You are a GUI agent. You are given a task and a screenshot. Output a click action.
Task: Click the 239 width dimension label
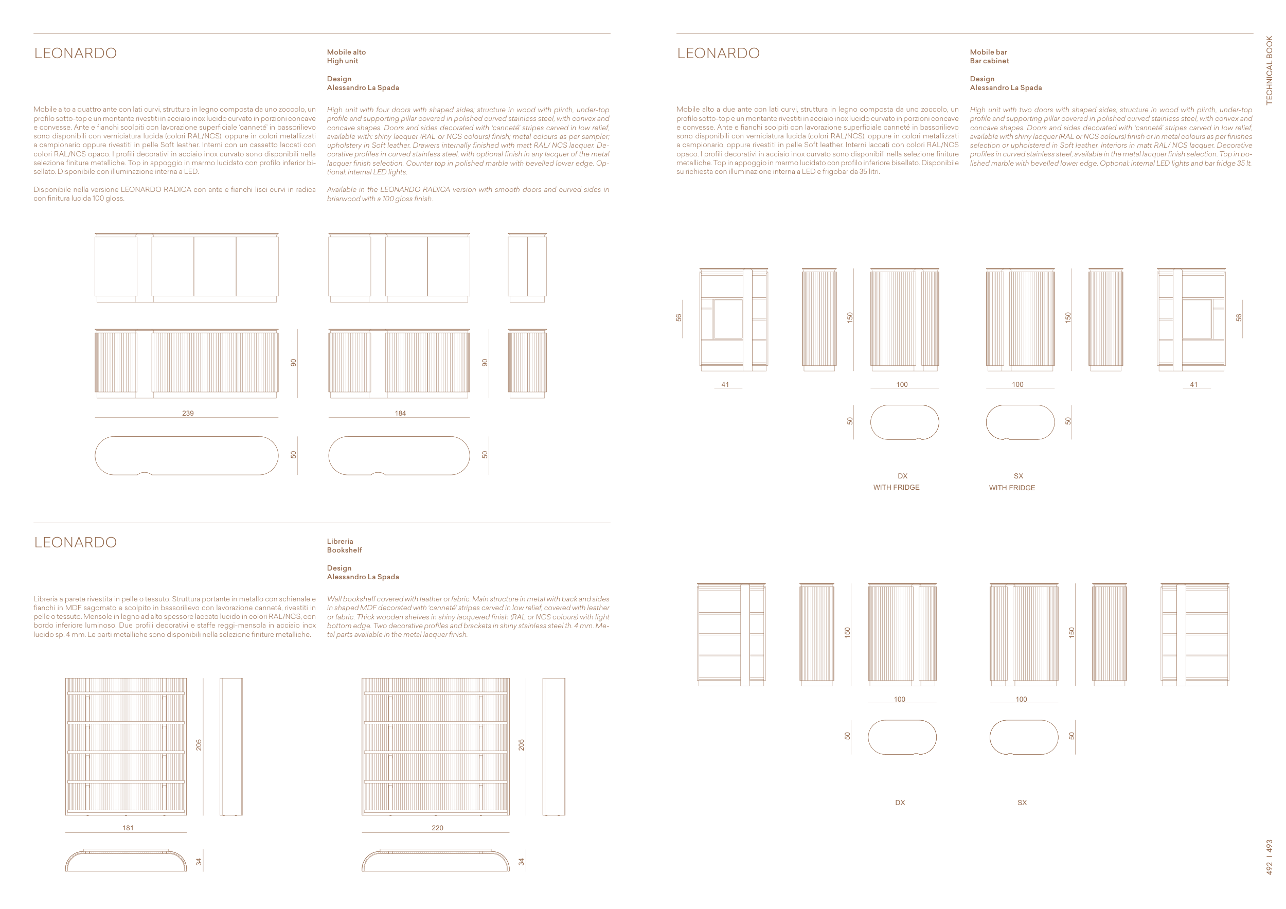(x=188, y=413)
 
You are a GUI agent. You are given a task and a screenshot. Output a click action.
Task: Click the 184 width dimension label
(x=400, y=413)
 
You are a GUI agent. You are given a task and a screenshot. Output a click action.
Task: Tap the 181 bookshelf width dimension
(x=128, y=828)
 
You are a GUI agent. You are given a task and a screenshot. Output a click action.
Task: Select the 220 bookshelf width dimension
(x=437, y=828)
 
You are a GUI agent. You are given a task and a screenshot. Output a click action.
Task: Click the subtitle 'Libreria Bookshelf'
(x=345, y=545)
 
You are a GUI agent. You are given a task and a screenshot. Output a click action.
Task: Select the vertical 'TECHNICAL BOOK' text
(x=1269, y=70)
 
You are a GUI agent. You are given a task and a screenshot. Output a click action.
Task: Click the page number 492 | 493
(x=1269, y=857)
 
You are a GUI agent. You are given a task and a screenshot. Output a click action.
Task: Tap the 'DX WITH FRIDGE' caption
(x=896, y=482)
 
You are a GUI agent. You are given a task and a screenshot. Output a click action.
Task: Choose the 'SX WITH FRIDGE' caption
(x=1012, y=482)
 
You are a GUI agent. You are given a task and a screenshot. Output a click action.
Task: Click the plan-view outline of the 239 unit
(x=187, y=456)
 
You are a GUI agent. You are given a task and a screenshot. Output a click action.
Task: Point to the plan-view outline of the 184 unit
(x=399, y=456)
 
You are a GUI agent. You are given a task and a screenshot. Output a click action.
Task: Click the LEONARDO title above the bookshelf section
(x=76, y=542)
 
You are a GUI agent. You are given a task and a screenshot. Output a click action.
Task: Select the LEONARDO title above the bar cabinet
(x=719, y=53)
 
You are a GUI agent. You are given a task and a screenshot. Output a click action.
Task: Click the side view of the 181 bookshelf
(x=231, y=747)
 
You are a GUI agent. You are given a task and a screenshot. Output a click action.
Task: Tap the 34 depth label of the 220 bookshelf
(x=522, y=861)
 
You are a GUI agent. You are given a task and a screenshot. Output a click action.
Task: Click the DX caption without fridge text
(x=900, y=803)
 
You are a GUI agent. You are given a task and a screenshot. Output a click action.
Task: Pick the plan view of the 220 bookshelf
(x=436, y=860)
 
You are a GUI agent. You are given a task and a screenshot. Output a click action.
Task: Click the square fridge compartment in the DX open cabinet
(x=728, y=318)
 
